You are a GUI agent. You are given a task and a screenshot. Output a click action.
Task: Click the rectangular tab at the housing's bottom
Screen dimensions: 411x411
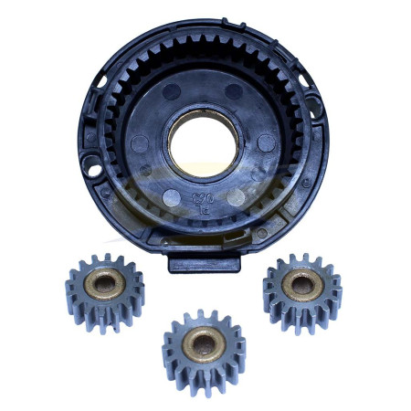click(205, 262)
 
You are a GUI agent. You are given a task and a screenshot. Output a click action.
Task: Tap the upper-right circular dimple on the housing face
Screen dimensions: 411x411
click(236, 91)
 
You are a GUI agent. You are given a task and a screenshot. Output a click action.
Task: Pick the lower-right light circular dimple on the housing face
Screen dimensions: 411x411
click(237, 196)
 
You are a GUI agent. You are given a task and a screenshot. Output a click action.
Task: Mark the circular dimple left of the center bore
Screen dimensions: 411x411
click(139, 142)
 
